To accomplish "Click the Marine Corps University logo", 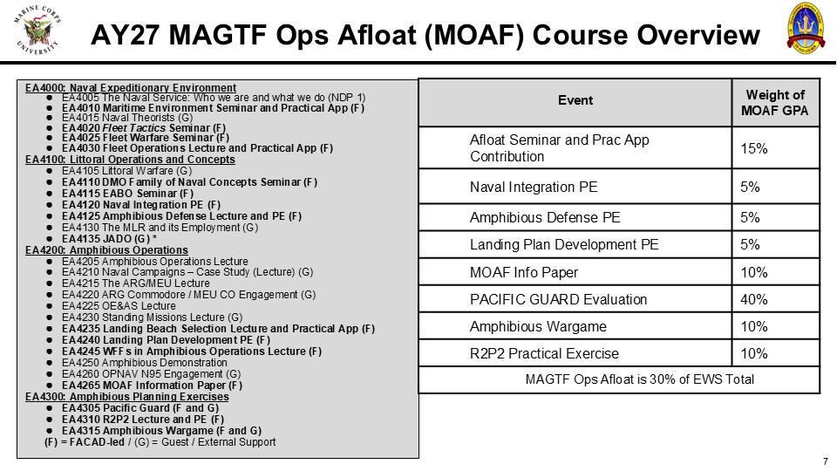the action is point(37,30).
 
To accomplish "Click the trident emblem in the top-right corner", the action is point(806,28).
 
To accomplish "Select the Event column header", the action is point(575,100).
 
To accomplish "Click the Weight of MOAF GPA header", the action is point(775,103).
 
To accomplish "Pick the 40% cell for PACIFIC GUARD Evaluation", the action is point(753,299).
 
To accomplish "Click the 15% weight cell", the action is point(753,148).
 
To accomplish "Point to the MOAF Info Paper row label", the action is point(524,272).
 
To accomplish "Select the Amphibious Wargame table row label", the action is point(538,326).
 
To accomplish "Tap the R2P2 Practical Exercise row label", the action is point(544,353).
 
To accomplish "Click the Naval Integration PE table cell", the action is point(534,187).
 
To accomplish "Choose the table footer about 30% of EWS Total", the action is point(639,379).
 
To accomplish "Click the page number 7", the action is point(826,461).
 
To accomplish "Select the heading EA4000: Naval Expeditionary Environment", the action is point(131,87).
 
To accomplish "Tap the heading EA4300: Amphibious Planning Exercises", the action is point(127,397).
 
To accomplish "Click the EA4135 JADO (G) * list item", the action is point(109,239).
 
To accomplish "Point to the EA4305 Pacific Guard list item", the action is point(140,408).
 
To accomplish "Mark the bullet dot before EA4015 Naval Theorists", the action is point(49,118).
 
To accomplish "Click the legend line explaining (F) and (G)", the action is point(160,442).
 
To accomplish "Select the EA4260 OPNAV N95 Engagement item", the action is point(151,374).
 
